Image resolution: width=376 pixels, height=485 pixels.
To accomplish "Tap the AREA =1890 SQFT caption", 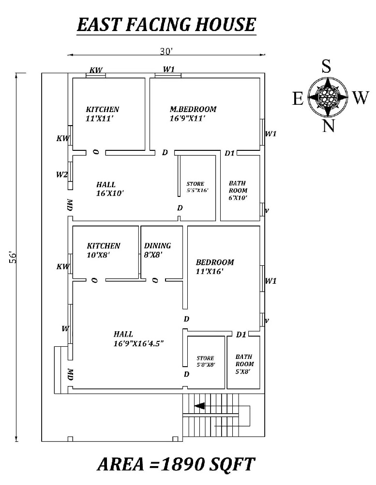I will (176, 464).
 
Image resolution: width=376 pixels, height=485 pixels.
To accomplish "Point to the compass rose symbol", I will (328, 97).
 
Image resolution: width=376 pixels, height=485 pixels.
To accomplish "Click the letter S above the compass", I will (327, 67).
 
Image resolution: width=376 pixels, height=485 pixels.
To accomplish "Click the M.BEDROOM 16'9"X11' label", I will (193, 113).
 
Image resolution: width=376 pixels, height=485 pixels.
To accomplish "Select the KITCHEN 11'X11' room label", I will (102, 113).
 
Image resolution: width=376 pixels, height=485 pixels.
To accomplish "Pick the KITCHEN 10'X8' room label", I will (103, 250).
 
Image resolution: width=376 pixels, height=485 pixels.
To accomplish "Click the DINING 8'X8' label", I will (157, 250).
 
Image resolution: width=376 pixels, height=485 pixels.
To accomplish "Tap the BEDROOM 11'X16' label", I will (214, 267).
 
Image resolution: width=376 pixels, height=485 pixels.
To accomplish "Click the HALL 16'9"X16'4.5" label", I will (138, 339).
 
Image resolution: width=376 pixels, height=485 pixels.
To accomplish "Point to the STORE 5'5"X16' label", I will (197, 187).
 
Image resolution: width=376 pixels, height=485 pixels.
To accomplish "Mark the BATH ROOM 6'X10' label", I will (238, 191).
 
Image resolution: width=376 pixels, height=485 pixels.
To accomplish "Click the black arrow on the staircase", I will (199, 405).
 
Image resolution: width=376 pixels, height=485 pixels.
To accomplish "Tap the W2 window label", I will (61, 175).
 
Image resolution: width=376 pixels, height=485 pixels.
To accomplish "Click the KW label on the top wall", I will (96, 70).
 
